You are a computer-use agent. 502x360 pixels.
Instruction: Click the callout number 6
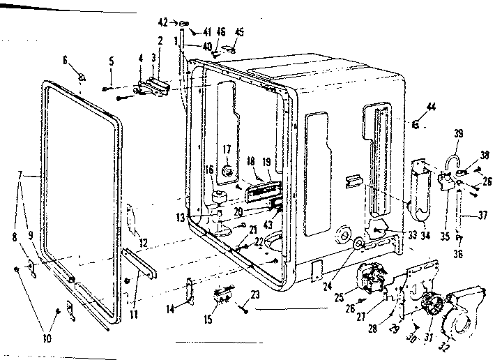click(66, 61)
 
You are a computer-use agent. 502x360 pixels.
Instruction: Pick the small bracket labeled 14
click(190, 291)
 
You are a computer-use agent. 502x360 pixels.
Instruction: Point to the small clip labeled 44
click(416, 124)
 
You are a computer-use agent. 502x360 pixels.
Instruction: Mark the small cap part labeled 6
click(82, 75)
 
